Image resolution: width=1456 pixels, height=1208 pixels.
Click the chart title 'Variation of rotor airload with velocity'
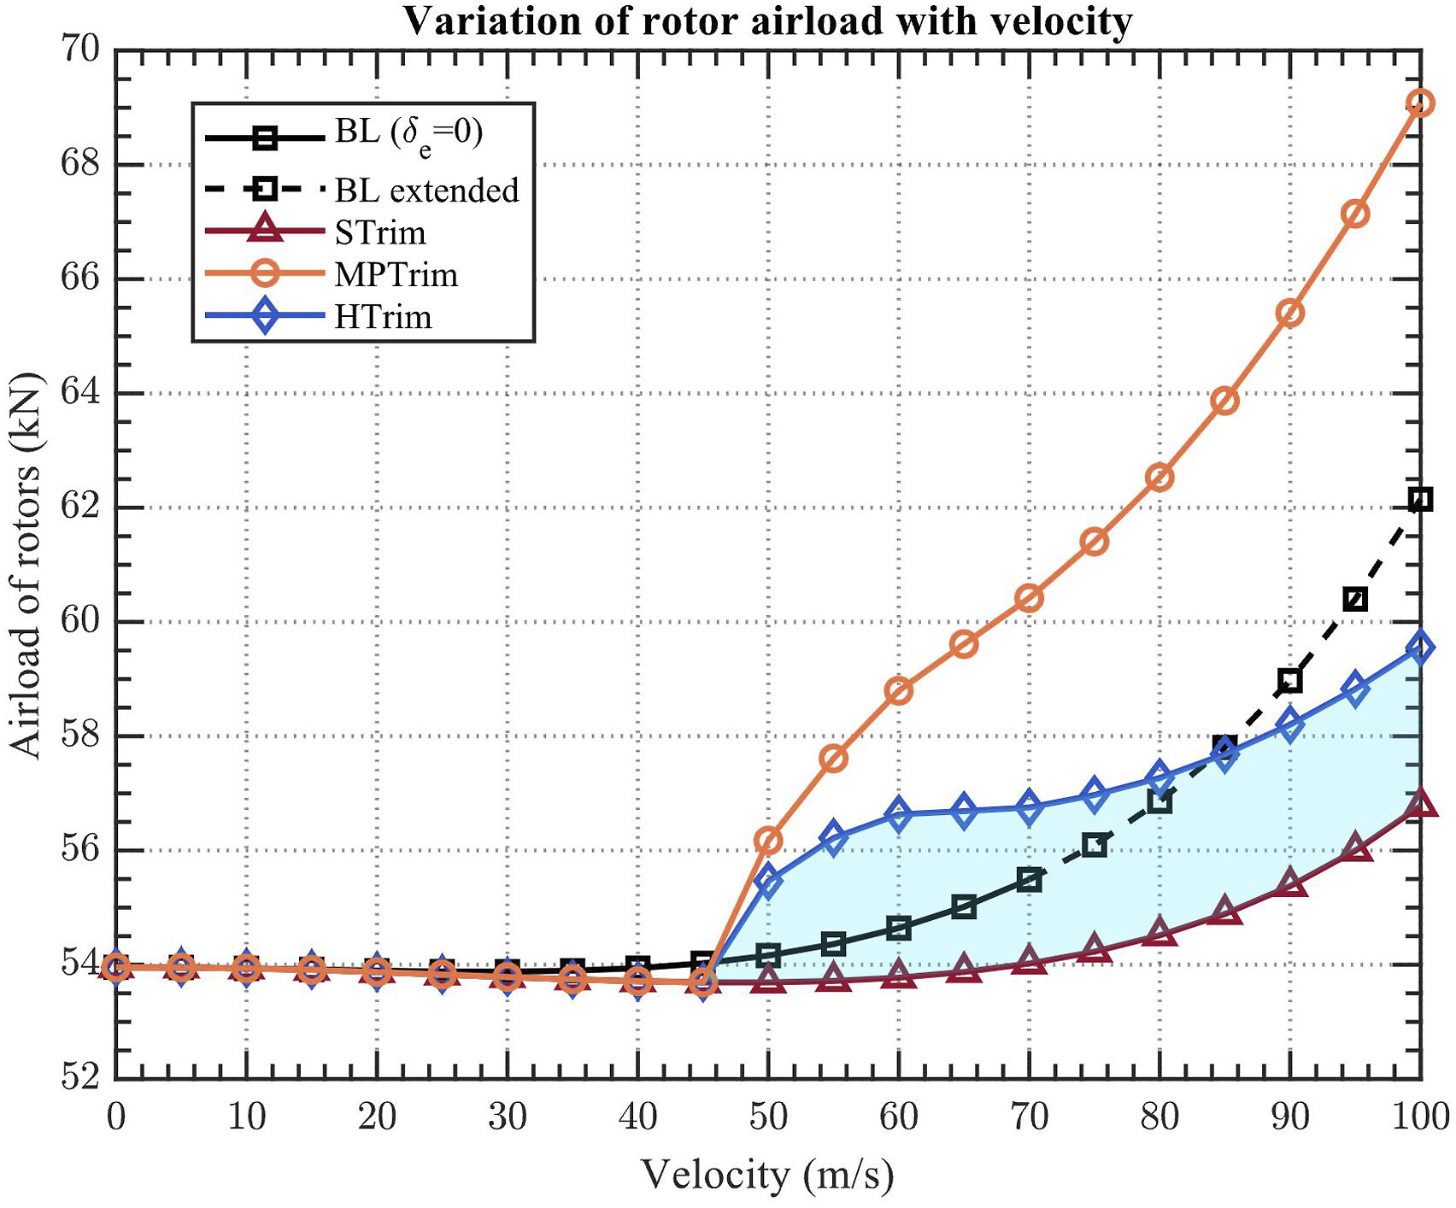(x=767, y=21)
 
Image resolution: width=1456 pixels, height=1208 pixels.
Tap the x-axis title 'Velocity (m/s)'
(x=766, y=1175)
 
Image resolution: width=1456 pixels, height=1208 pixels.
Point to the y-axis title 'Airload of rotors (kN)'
(x=26, y=565)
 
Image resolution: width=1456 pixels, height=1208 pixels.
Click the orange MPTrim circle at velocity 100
(x=1420, y=103)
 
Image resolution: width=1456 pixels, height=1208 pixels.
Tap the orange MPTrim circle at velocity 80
(x=1160, y=477)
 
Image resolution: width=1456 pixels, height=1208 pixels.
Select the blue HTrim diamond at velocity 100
(x=1420, y=648)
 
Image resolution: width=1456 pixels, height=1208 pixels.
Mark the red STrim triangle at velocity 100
(x=1420, y=804)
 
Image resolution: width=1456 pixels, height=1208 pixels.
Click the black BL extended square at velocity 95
(x=1355, y=599)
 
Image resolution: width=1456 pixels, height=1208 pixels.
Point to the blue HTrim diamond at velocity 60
(x=899, y=814)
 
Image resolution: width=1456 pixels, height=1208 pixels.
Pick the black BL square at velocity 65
(x=964, y=907)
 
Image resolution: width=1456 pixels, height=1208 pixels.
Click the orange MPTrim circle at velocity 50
(x=768, y=841)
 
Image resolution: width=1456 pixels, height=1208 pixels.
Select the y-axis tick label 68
(x=79, y=164)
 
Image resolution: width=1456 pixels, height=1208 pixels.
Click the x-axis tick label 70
(x=1029, y=1116)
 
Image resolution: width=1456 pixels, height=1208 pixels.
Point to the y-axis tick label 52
(x=79, y=1077)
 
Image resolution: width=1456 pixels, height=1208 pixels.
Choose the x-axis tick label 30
(x=507, y=1116)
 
